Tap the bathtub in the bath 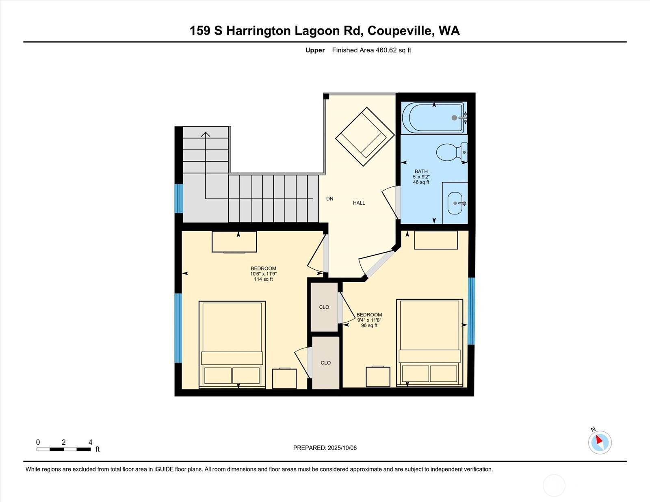434,118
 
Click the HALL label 359,203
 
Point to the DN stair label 329,199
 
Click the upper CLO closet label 324,307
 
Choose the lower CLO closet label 326,363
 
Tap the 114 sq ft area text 263,279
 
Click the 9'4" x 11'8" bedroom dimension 369,320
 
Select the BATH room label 421,171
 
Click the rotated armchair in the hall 365,136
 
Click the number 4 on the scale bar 90,442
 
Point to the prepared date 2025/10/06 342,448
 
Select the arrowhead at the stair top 206,134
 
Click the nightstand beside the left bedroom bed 284,378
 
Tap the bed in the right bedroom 430,343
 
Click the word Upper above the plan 315,50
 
